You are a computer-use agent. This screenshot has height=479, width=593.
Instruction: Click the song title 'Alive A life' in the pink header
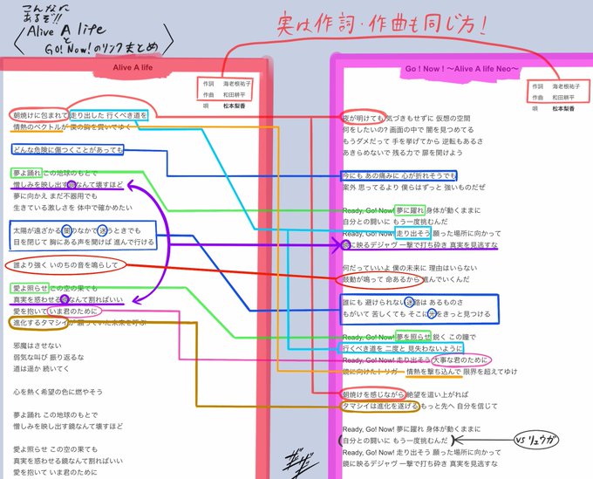(x=132, y=67)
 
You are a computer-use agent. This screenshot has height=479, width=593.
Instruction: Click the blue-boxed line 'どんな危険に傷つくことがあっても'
(x=79, y=150)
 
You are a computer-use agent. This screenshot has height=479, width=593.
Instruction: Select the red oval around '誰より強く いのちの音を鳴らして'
(x=67, y=264)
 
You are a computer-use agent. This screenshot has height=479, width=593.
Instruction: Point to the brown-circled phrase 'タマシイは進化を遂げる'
(x=380, y=406)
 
